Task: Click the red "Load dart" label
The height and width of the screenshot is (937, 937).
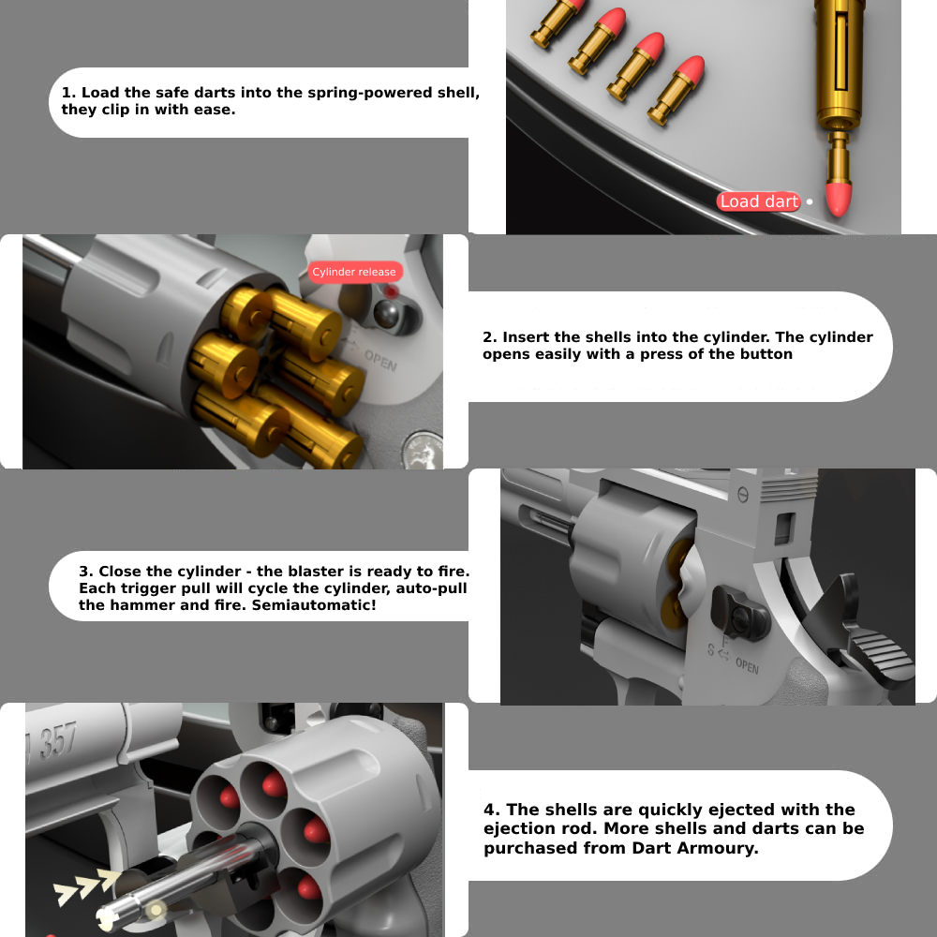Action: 758,201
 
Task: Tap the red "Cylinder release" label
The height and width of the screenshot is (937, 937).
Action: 354,272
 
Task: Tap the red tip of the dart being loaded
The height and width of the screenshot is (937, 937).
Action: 838,199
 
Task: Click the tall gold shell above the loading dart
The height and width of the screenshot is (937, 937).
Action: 840,63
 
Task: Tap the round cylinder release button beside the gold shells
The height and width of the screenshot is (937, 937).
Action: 388,314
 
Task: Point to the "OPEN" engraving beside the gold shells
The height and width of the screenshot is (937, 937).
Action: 380,361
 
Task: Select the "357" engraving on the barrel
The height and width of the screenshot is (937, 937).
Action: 58,740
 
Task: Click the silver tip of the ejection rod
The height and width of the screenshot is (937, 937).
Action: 109,916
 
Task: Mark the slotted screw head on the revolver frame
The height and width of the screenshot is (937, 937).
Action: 743,495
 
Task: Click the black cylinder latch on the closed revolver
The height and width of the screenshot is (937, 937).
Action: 739,613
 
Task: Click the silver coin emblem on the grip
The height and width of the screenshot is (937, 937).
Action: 424,451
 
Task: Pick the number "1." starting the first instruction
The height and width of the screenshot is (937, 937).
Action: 68,93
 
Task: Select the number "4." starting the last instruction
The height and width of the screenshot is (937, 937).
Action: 492,810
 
